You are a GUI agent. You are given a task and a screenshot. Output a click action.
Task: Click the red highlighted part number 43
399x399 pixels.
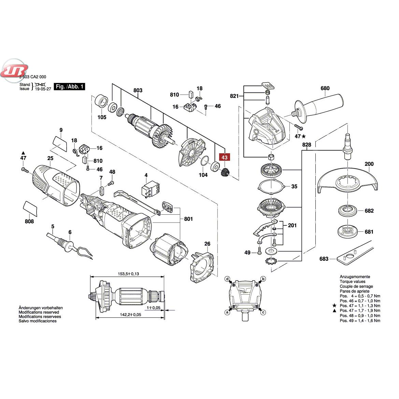click(x=224, y=157)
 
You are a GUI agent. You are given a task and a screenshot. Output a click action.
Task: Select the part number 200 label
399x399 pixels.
click(x=369, y=164)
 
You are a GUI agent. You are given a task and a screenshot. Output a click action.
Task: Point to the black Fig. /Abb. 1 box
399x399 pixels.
click(x=70, y=86)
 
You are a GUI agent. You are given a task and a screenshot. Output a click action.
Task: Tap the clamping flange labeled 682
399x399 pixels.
click(x=347, y=211)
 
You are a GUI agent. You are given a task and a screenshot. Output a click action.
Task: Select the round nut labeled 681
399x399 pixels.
click(x=347, y=231)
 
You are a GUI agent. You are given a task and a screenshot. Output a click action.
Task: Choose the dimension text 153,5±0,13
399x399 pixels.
click(x=128, y=274)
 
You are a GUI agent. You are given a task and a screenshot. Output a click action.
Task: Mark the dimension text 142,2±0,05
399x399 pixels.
click(x=130, y=315)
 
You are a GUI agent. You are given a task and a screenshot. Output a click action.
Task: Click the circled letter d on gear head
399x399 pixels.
click(x=228, y=279)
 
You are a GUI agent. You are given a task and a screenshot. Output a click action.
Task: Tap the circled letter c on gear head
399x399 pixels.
click(x=263, y=312)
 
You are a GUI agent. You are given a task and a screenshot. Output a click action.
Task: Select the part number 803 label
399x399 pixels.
click(x=138, y=90)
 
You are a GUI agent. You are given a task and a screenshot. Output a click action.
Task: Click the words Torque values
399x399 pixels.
click(x=353, y=282)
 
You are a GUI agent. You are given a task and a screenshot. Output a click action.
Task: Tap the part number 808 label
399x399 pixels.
click(x=29, y=222)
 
